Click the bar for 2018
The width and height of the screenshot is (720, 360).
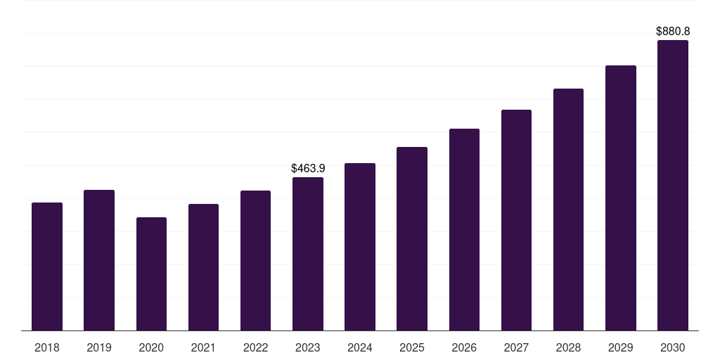[x=47, y=266]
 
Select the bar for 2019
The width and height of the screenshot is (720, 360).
[x=99, y=260]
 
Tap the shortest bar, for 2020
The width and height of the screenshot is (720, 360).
[x=151, y=274]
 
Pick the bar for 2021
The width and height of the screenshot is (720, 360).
[x=203, y=267]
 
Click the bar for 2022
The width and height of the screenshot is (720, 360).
[x=255, y=261]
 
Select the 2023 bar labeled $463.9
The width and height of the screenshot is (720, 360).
[x=308, y=254]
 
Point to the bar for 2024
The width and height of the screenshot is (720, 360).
[x=360, y=247]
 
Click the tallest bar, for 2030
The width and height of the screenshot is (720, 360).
[x=673, y=186]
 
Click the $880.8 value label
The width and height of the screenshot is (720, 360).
[x=673, y=32]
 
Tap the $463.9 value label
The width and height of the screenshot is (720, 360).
[x=308, y=169]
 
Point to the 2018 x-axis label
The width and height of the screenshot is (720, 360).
[x=47, y=348]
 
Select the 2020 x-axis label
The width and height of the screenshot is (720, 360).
[x=151, y=348]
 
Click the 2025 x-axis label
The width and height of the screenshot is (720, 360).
[x=412, y=348]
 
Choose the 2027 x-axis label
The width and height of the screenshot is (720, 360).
[x=516, y=348]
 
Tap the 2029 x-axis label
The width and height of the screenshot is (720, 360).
[x=621, y=348]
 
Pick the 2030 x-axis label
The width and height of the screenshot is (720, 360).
[x=673, y=348]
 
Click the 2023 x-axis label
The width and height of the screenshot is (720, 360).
[x=308, y=348]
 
